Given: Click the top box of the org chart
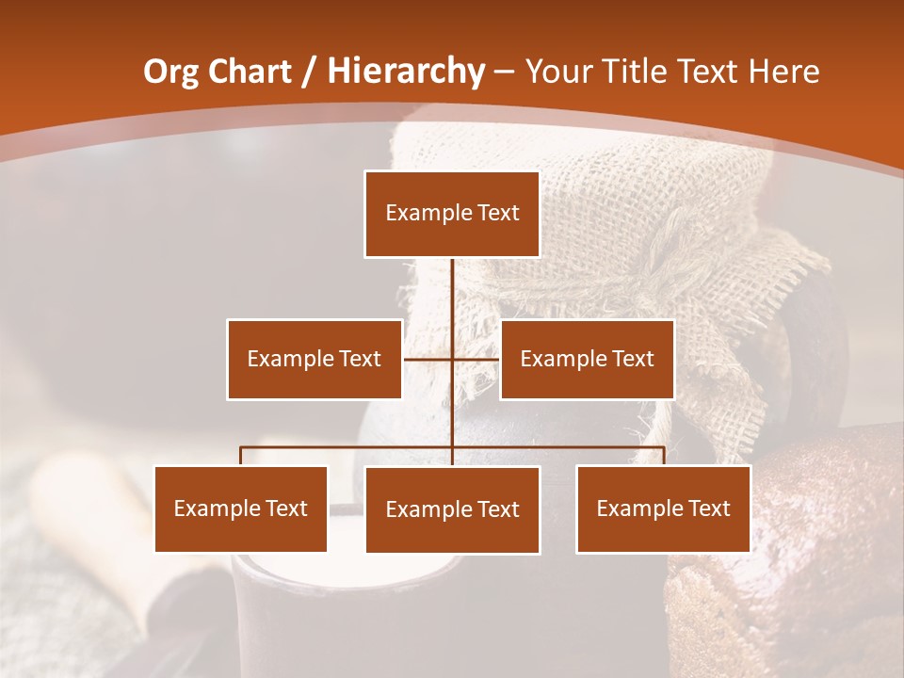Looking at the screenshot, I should pos(452,214).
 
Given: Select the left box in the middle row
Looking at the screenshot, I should pos(315,359).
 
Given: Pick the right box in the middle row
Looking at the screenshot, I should pos(587,359).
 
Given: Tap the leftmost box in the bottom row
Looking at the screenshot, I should pos(241,508).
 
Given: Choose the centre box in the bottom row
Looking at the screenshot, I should pos(452,509).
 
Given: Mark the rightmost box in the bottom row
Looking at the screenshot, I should pos(663,508).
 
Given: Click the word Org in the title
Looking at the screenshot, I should pos(170,72).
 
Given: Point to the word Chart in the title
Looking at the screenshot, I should pos(250,72).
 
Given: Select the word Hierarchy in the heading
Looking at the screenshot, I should pos(406,72).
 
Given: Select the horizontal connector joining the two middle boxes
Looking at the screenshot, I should pos(476,359).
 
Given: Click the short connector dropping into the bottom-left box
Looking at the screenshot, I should pos(241,456).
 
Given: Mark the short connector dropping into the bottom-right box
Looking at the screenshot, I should pos(664,456).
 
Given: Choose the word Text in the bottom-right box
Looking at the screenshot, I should pos(708,508).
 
